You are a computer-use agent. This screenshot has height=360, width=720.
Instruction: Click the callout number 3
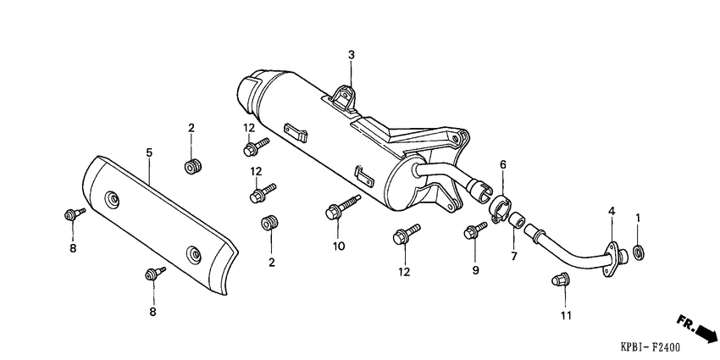click(x=352, y=55)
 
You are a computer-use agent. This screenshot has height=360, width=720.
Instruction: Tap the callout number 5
click(x=148, y=152)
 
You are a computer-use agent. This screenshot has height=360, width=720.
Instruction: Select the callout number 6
click(x=502, y=163)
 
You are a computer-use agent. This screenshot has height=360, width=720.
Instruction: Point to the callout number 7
click(x=512, y=256)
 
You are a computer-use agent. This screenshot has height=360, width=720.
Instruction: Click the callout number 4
click(x=610, y=210)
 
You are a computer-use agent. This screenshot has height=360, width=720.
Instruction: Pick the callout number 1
click(x=638, y=218)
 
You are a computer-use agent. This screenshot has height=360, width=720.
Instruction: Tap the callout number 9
click(x=475, y=270)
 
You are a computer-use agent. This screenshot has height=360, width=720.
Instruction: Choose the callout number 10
click(x=339, y=246)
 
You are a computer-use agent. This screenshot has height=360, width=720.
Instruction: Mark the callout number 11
click(x=565, y=316)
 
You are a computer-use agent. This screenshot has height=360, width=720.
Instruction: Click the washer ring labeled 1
click(x=638, y=251)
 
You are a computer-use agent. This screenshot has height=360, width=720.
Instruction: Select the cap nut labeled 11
click(x=558, y=280)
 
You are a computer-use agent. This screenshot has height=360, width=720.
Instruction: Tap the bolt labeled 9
click(x=474, y=230)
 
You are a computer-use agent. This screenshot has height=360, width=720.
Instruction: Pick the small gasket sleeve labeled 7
click(x=514, y=222)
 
